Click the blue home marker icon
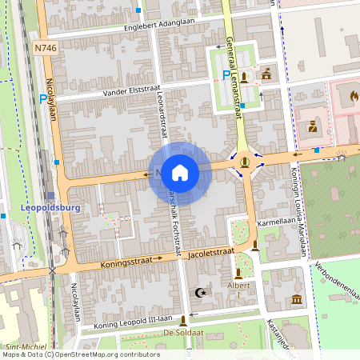coord(180,173)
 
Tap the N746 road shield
coord(46,49)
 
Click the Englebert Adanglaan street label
coord(158,26)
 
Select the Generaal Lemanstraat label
coord(234,79)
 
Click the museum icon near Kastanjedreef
coord(297,299)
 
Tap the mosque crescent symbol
coord(201,294)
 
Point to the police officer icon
coord(313,126)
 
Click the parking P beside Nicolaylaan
coord(43,100)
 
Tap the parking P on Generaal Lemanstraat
coord(226,74)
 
